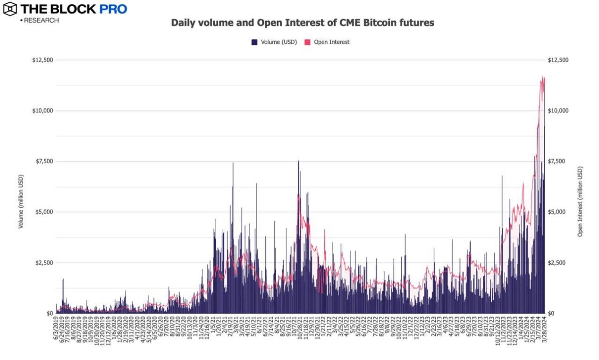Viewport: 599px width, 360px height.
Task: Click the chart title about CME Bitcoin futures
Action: point(302,23)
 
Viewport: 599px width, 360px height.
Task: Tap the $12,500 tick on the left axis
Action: point(42,60)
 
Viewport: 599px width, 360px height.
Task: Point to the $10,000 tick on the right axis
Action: point(558,111)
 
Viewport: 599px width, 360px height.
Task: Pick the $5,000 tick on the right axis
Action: point(557,212)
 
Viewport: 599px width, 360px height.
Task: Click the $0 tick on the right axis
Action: point(551,313)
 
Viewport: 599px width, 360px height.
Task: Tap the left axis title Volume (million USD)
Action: point(21,202)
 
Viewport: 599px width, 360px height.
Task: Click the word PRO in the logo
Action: point(113,9)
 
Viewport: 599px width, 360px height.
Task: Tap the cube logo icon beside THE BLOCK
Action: point(9,9)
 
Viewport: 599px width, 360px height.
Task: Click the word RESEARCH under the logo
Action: point(42,20)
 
